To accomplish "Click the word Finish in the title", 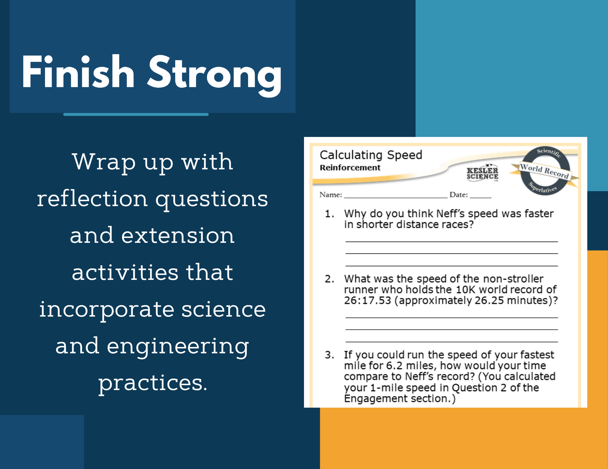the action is tap(78, 72).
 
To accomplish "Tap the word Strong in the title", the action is tap(215, 76).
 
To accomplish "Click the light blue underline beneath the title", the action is tap(136, 115).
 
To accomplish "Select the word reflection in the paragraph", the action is tap(92, 198).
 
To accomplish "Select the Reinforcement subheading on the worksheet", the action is tap(350, 168).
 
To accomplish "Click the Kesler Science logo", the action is tap(482, 173).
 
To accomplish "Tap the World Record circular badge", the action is tap(545, 171).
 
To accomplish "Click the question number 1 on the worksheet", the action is tap(329, 214).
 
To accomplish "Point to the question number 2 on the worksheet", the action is tap(329, 279).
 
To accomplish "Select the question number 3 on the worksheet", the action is tap(329, 355).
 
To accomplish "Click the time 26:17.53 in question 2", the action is tap(367, 300).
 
